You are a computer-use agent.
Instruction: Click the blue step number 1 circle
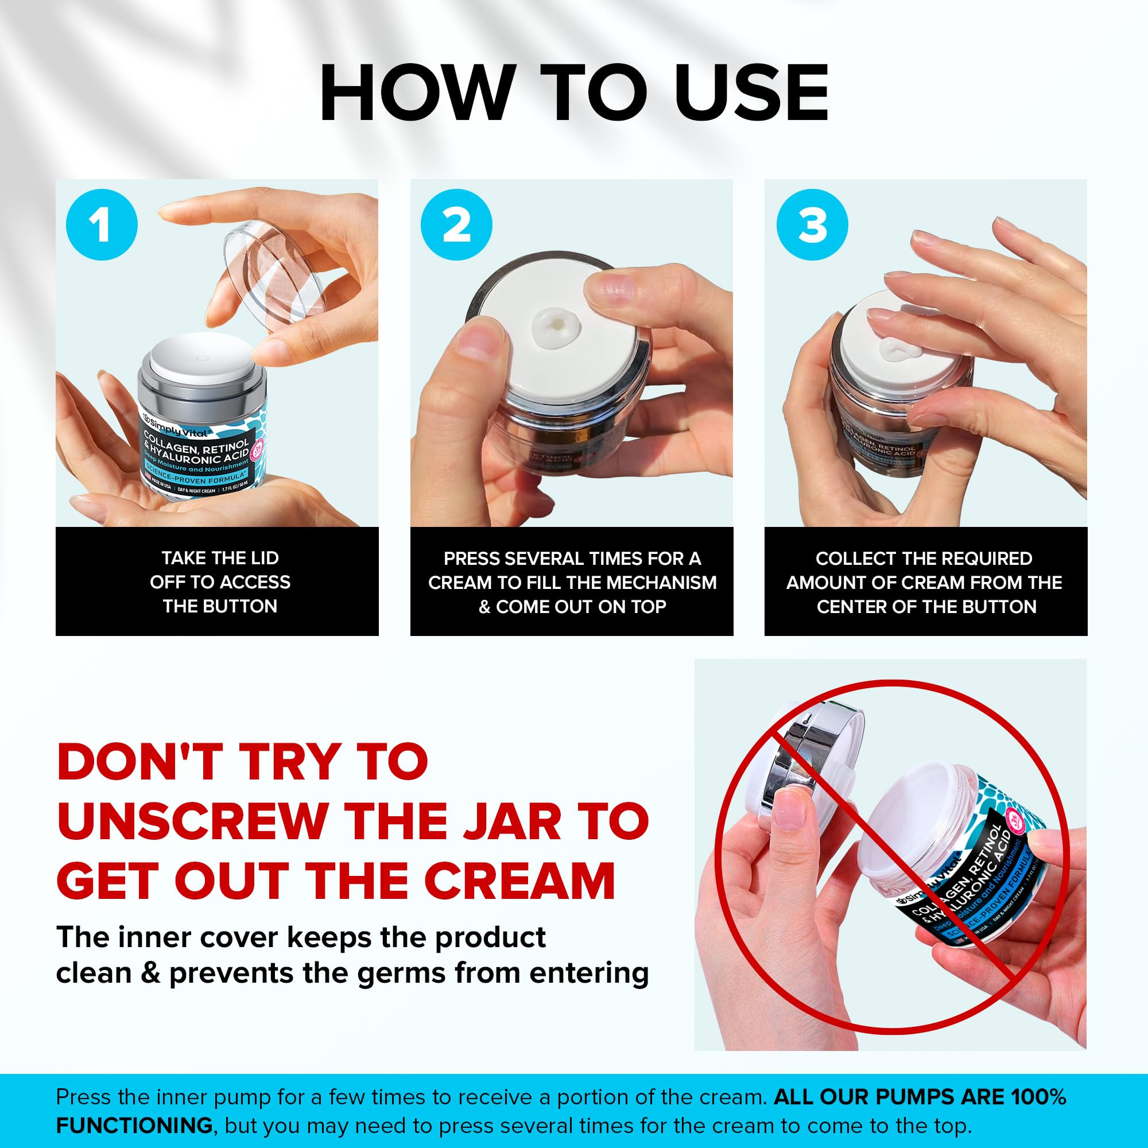point(102,225)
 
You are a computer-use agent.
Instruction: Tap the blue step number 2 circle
point(456,225)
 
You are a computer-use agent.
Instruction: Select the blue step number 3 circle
point(812,225)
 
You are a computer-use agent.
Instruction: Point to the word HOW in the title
point(416,94)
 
